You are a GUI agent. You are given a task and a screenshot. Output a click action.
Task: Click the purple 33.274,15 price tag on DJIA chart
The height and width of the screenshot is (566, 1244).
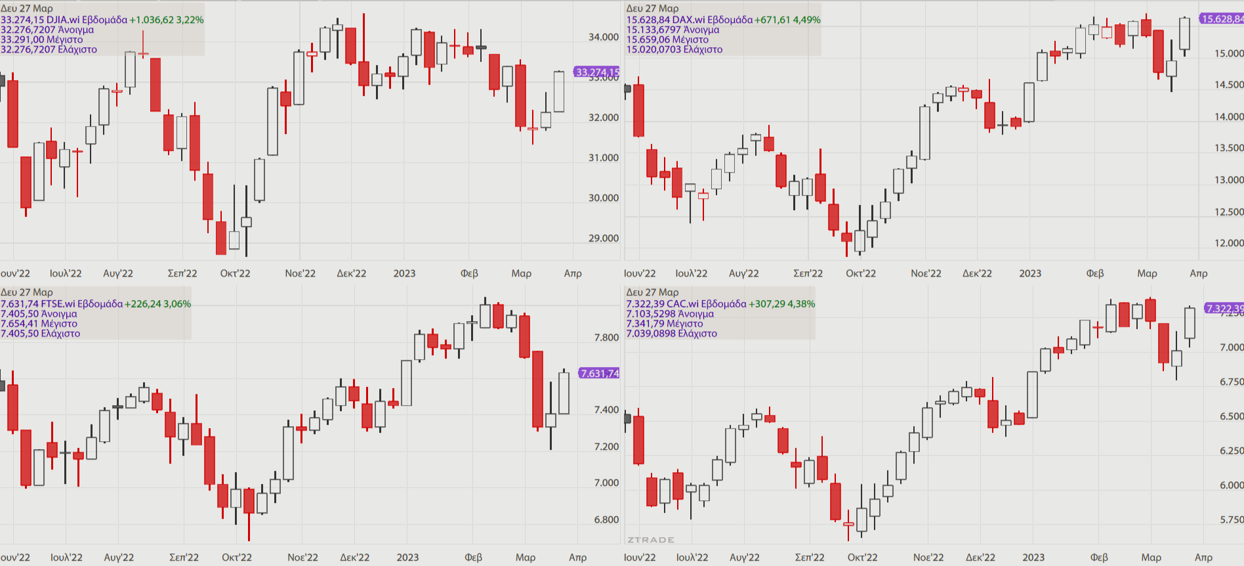pyautogui.click(x=596, y=72)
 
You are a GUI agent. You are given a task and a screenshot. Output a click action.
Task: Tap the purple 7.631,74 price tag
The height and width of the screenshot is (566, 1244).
pyautogui.click(x=599, y=373)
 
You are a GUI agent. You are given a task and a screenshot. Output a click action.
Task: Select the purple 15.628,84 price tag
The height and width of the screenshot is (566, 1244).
pyautogui.click(x=1222, y=19)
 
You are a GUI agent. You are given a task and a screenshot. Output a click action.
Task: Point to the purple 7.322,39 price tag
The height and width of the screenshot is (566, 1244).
pyautogui.click(x=1224, y=308)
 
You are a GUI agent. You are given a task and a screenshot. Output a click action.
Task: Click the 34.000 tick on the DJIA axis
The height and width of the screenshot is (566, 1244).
pyautogui.click(x=603, y=37)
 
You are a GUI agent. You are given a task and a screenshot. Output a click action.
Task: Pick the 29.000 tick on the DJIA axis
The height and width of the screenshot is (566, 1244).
pyautogui.click(x=603, y=238)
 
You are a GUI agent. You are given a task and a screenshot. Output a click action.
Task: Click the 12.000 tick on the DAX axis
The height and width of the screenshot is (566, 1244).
pyautogui.click(x=1229, y=243)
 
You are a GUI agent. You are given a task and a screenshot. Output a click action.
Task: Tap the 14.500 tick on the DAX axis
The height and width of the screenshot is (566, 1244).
pyautogui.click(x=1229, y=85)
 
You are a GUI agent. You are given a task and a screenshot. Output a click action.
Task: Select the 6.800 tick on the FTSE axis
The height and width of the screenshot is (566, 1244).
pyautogui.click(x=606, y=519)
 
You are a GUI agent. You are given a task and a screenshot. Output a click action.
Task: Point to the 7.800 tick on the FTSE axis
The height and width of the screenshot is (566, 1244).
pyautogui.click(x=606, y=337)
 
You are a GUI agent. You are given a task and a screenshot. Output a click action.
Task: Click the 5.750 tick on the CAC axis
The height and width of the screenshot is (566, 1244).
pyautogui.click(x=1232, y=519)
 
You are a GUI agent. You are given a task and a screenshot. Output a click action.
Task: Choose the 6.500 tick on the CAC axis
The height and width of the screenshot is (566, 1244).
pyautogui.click(x=1232, y=416)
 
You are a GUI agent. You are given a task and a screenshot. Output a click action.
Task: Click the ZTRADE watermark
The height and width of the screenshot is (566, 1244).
pyautogui.click(x=650, y=540)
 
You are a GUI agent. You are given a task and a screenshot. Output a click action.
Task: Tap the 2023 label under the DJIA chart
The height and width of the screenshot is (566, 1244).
pyautogui.click(x=404, y=273)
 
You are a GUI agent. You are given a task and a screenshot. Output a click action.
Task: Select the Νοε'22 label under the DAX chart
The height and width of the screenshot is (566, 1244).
pyautogui.click(x=926, y=273)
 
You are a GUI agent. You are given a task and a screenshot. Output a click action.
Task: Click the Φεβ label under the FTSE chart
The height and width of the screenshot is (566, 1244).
pyautogui.click(x=473, y=557)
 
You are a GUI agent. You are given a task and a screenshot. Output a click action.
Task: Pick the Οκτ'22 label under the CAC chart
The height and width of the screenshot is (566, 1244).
pyautogui.click(x=862, y=557)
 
